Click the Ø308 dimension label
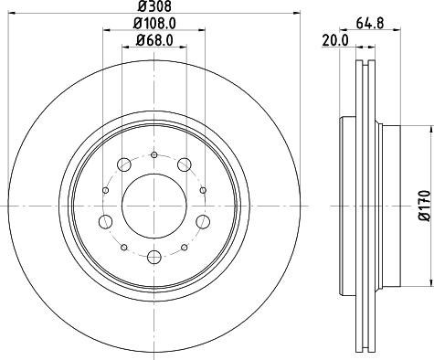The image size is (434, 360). coord(154,6)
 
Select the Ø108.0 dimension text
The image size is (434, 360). coord(154,24)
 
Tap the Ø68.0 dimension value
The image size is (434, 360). coord(154,40)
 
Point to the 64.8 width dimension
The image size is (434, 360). coord(369,24)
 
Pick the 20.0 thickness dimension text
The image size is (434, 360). coord(335,40)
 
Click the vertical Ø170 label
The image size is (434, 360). coord(424,206)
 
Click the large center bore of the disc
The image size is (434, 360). coord(154,206)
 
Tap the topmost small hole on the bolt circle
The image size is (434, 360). coord(154,155)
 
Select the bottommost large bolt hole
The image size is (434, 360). coord(153,257)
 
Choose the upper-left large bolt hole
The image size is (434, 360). coord(124,164)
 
